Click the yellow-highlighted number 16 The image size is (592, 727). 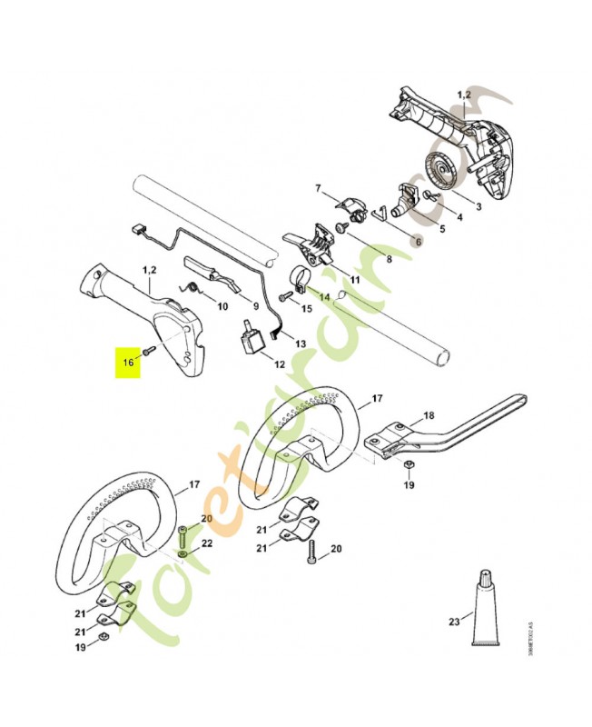(128, 362)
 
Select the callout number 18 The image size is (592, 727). (429, 415)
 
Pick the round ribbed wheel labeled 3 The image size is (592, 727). (443, 173)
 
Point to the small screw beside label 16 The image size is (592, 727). (153, 349)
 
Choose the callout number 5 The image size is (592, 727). (441, 229)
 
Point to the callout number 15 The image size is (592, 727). (307, 309)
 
